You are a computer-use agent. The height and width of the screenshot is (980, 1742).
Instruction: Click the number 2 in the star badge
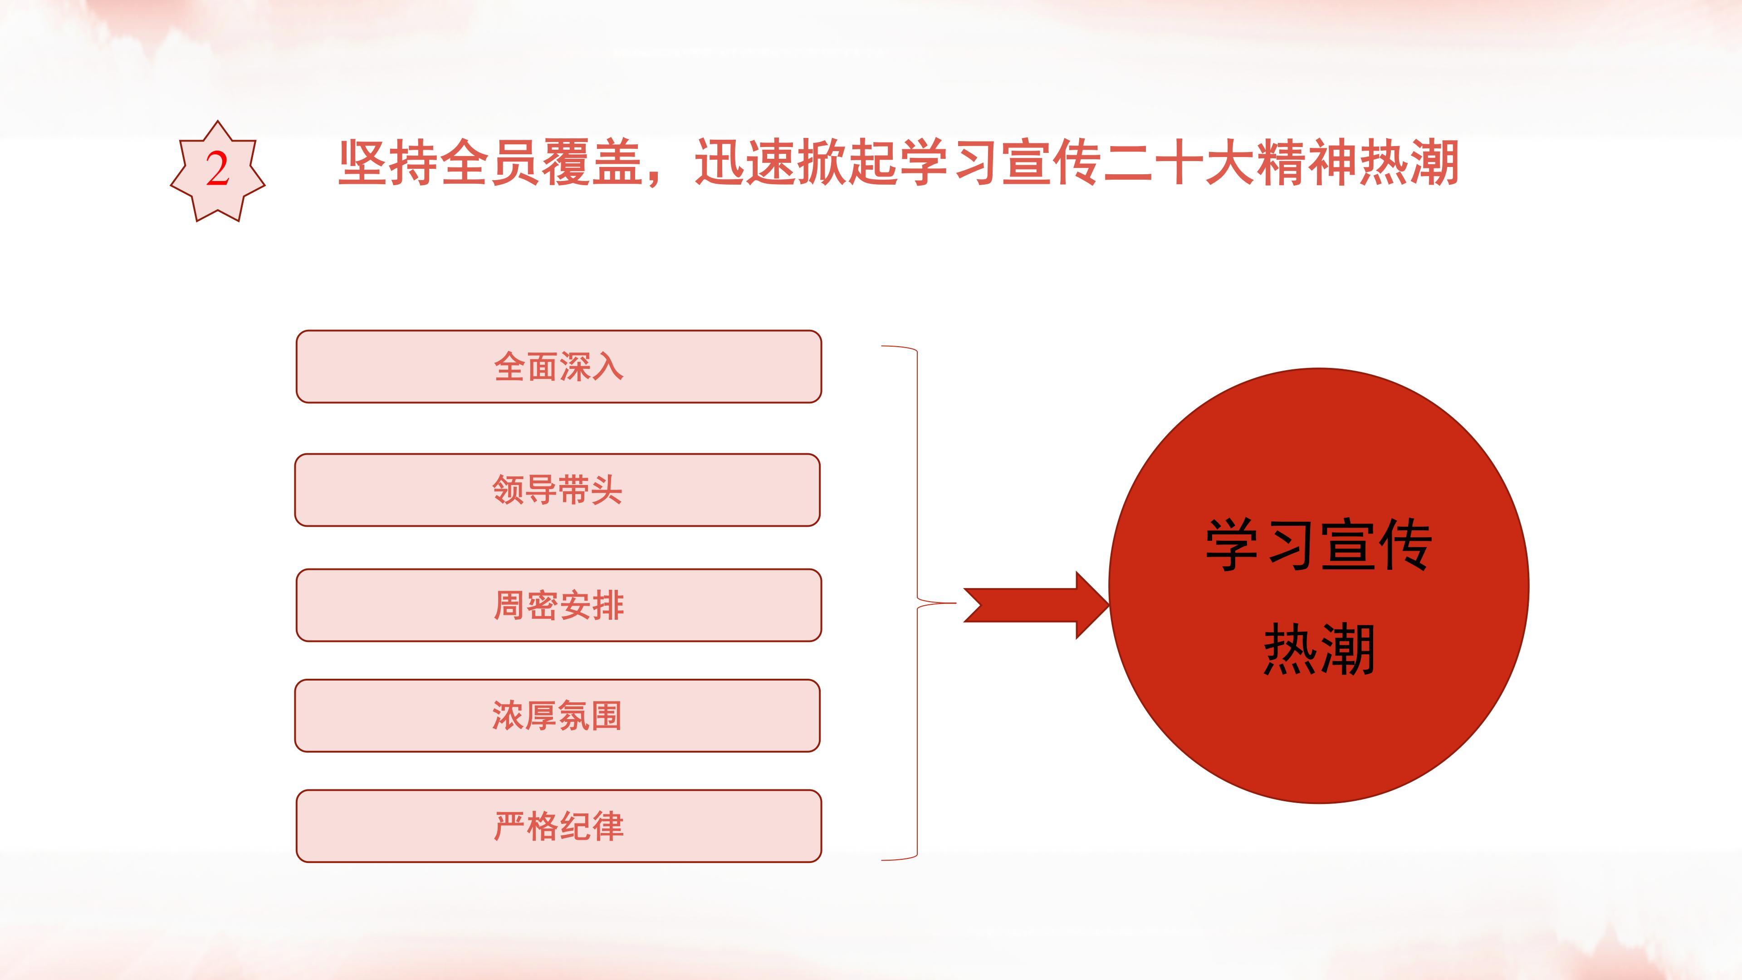217,169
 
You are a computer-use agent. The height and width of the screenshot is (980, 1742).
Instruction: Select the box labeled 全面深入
558,367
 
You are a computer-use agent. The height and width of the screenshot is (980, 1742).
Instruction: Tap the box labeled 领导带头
557,490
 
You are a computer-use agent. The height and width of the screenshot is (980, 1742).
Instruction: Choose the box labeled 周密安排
558,605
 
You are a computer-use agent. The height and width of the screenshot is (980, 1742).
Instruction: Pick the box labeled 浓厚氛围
557,715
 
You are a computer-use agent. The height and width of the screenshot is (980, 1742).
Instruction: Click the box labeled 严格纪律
558,826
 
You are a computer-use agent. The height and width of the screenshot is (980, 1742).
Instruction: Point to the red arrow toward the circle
1036,605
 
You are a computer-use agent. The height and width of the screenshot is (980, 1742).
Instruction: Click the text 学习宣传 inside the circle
1319,545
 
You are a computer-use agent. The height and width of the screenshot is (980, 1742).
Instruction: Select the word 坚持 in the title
388,162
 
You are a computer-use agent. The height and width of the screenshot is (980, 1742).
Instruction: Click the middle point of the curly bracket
918,603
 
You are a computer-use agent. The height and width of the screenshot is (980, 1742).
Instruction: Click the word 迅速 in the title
745,162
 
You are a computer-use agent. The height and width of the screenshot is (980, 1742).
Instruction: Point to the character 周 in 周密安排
510,605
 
